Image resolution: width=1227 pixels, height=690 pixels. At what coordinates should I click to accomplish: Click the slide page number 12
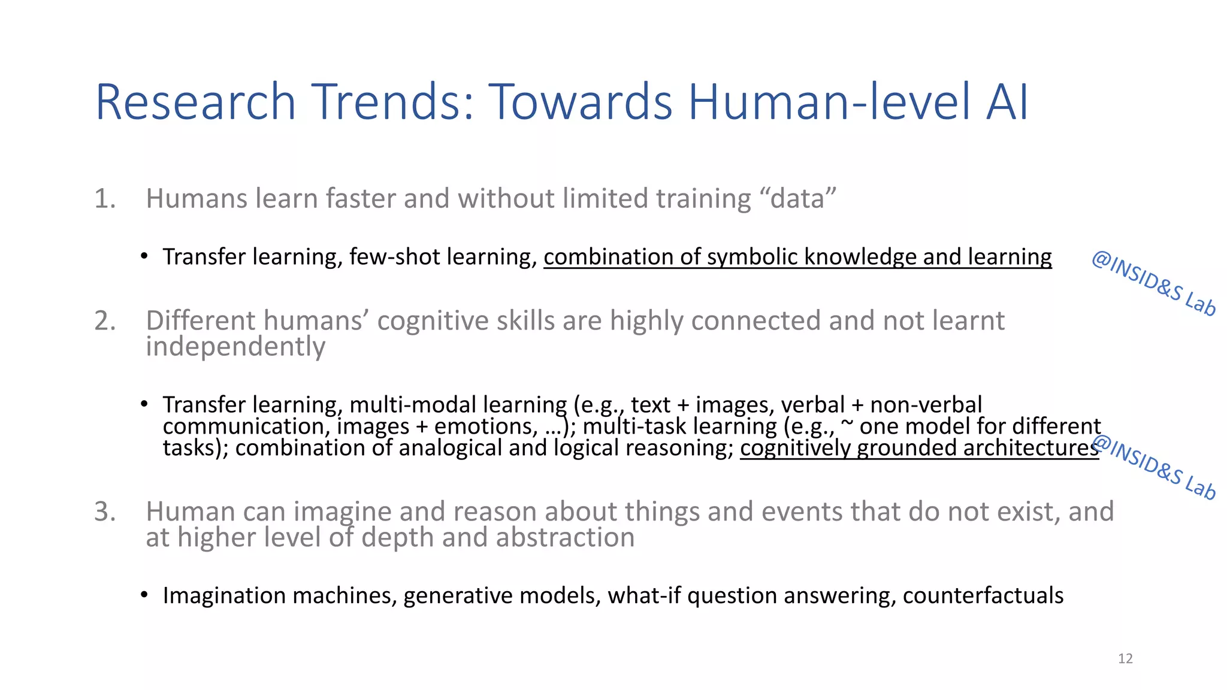[1125, 659]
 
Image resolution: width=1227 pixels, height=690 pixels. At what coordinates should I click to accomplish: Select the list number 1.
[104, 199]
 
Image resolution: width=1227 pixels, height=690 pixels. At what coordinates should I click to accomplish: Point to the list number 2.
[104, 321]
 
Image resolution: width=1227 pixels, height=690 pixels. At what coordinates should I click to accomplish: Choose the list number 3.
[104, 512]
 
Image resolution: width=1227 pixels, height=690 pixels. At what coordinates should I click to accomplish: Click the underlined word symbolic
[752, 257]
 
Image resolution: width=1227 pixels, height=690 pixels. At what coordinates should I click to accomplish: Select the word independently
[235, 347]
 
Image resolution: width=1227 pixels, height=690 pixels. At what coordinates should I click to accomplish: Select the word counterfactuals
[983, 596]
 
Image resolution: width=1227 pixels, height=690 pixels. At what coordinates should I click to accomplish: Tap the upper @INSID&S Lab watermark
[1153, 284]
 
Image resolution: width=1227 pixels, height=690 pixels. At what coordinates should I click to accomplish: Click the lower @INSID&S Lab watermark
[1153, 468]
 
